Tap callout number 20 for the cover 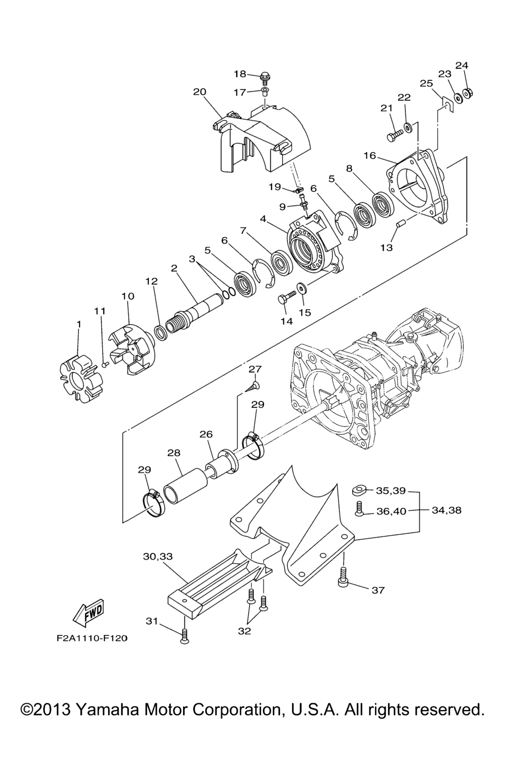[200, 92]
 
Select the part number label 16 [370, 156]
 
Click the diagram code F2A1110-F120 [92, 638]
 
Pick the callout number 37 [378, 590]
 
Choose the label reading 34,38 [446, 510]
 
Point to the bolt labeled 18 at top [265, 77]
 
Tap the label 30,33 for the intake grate [158, 556]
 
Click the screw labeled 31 [185, 637]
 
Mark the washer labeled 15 [300, 287]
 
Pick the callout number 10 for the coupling [128, 296]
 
